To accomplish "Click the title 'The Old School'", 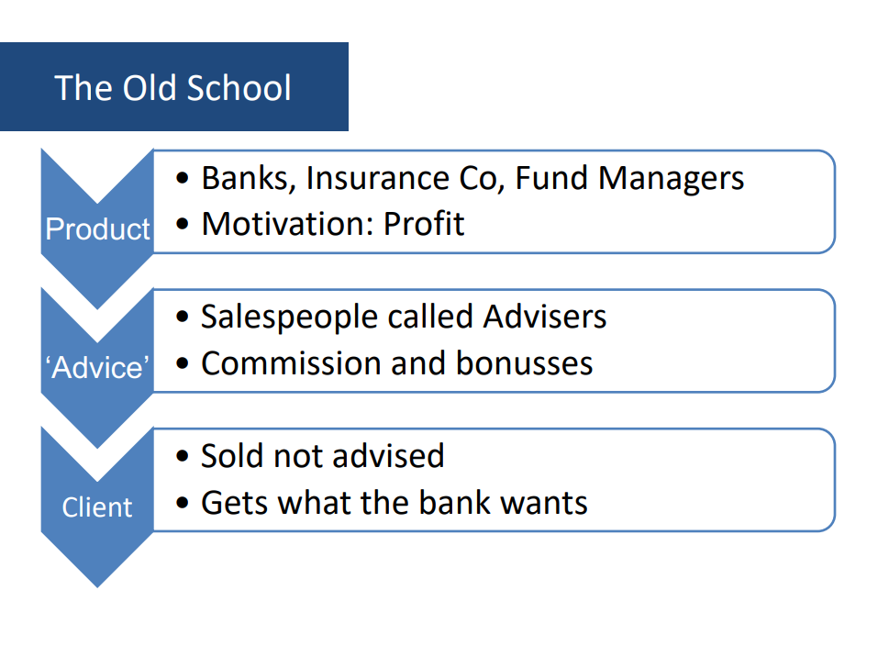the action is pos(173,88).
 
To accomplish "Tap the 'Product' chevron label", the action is pos(97,228).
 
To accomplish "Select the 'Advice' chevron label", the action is pos(97,367).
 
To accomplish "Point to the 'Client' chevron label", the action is pos(97,507).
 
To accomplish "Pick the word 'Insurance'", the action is pos(378,177).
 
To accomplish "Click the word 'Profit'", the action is pos(424,224).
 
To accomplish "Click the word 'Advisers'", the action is pos(545,317).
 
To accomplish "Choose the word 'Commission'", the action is pos(291,363).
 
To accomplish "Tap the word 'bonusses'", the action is pos(524,363).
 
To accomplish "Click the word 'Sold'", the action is pos(232,455).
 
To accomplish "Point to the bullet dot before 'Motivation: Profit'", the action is pos(182,224).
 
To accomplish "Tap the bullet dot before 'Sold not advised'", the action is pos(182,456).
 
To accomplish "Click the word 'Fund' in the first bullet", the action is pos(551,177).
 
